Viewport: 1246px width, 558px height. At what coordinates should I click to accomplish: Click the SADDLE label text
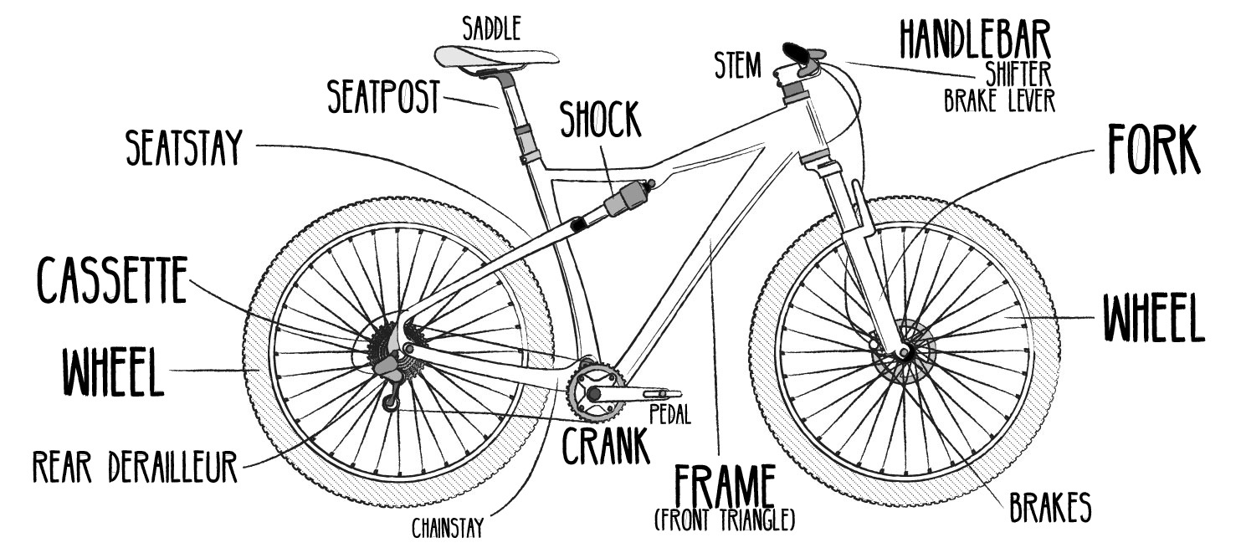(492, 28)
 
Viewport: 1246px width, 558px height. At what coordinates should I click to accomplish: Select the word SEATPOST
(383, 98)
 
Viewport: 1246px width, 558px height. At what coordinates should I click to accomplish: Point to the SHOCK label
(600, 122)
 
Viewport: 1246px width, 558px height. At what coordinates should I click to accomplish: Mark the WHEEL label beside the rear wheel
(112, 373)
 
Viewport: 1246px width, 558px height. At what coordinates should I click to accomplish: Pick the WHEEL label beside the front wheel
(1152, 318)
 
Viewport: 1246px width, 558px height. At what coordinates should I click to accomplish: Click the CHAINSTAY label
(449, 528)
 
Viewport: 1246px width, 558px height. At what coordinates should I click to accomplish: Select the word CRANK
(606, 447)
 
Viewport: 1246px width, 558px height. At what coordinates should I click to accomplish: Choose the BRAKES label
(1049, 506)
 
